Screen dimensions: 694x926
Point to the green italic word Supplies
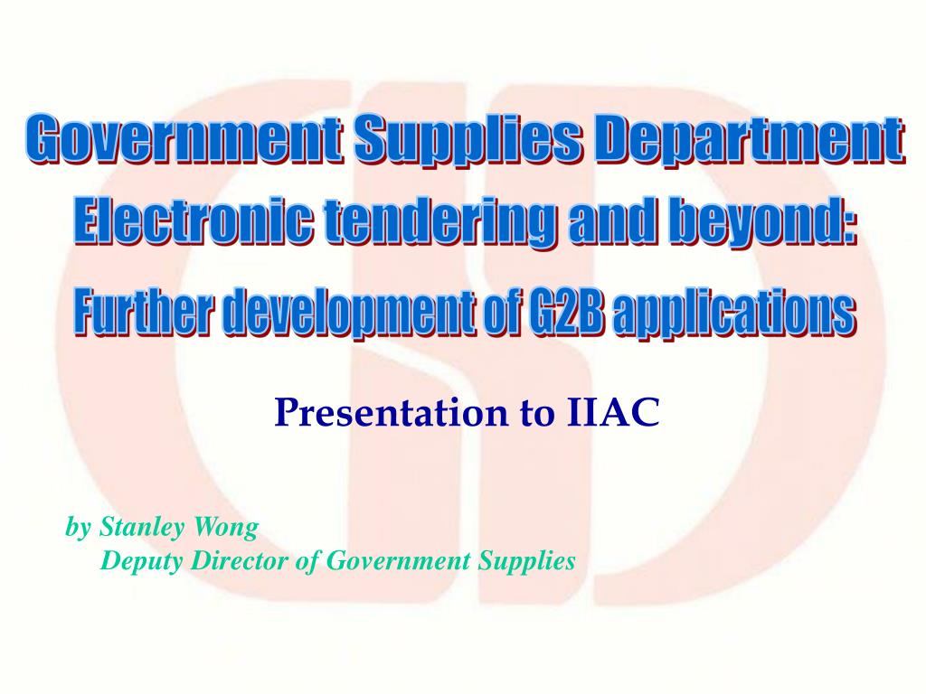[526, 562]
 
